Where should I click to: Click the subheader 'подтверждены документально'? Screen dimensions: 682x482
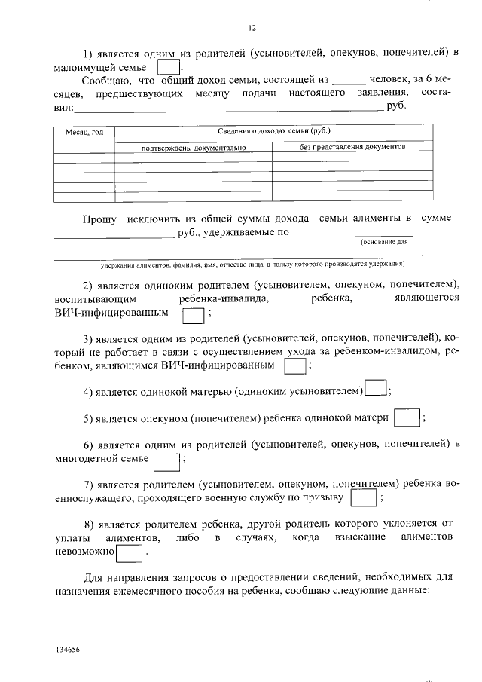coord(194,148)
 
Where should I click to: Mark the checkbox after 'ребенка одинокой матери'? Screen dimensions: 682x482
coord(407,417)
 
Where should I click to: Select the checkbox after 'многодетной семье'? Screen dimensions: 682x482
coord(166,459)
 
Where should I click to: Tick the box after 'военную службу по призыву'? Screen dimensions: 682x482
coord(364,498)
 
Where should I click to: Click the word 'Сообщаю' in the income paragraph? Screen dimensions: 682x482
coord(106,80)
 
